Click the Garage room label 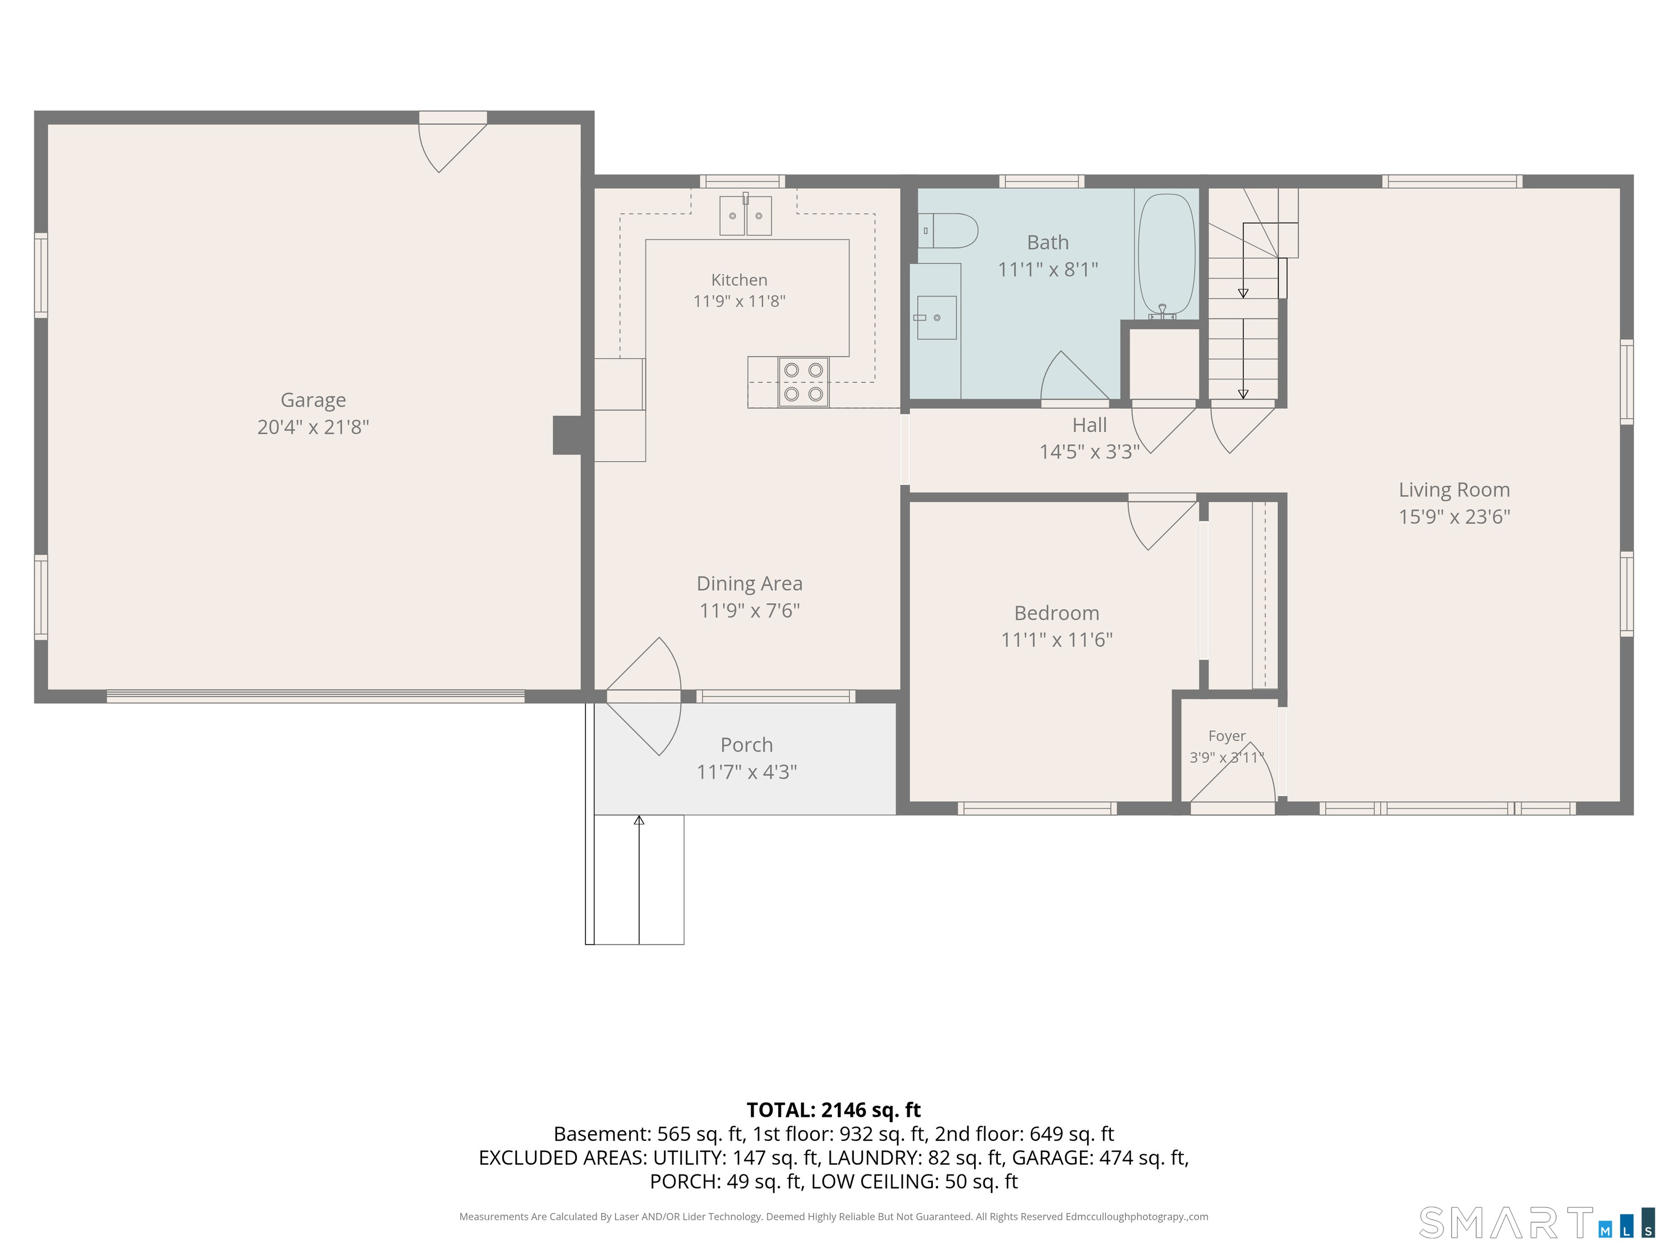313,400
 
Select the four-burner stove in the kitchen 803,382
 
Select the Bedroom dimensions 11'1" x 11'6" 1057,640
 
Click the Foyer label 1227,736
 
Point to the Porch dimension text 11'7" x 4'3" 747,772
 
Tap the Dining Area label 749,584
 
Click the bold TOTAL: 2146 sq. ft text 833,1110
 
